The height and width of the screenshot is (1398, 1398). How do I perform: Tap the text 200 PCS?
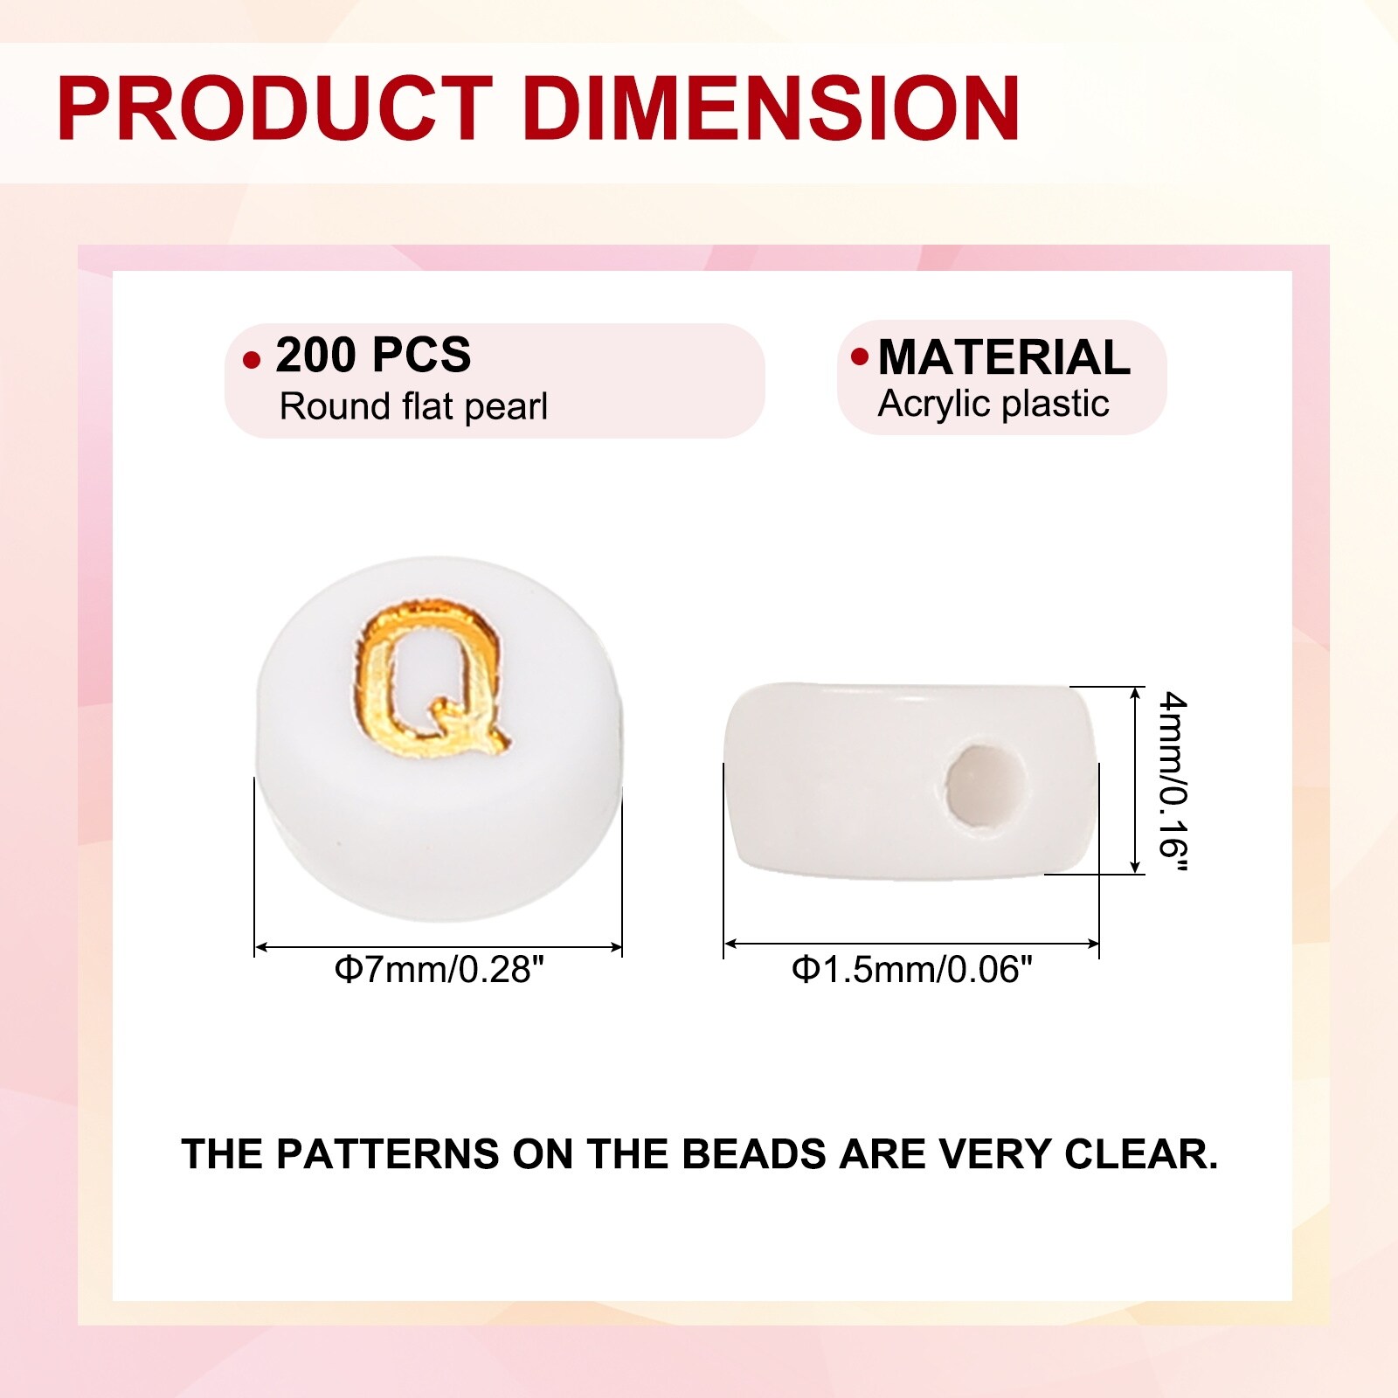pos(373,355)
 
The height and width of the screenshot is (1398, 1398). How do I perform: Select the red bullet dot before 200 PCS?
pos(252,359)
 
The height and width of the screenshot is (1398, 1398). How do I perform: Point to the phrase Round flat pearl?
pos(413,406)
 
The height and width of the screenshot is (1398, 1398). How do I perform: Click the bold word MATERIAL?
pos(1004,357)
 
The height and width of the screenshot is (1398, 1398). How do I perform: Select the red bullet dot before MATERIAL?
pos(860,356)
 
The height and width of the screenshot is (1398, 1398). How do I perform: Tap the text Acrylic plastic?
pos(993,404)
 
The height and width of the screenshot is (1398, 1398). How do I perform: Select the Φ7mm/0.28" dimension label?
pos(439,969)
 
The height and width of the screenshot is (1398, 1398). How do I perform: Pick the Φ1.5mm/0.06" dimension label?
pos(912,969)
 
